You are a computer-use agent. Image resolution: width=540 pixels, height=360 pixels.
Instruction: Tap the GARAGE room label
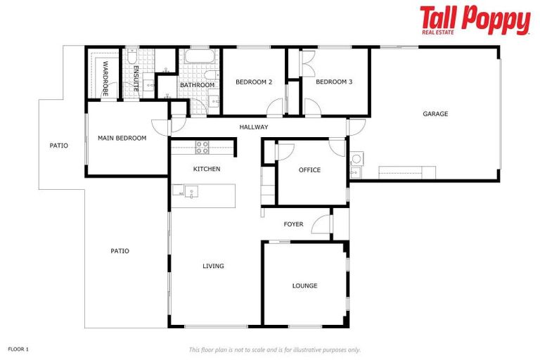point(435,114)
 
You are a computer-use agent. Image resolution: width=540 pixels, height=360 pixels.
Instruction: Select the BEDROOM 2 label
point(253,82)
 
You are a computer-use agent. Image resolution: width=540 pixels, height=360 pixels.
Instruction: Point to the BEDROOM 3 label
point(333,82)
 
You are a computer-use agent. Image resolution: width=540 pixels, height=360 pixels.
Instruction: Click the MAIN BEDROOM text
point(122,139)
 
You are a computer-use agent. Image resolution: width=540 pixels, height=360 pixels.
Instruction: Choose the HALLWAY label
point(253,127)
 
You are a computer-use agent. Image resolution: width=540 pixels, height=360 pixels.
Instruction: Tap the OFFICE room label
point(309,170)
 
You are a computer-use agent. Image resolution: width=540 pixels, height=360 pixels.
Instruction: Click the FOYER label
point(293,225)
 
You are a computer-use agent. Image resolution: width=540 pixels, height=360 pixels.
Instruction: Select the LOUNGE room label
point(304,286)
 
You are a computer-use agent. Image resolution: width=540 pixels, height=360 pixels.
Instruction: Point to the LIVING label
point(213,266)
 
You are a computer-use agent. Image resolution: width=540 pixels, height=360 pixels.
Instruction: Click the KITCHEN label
point(207,169)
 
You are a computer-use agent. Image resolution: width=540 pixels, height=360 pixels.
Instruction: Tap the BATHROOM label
point(197,86)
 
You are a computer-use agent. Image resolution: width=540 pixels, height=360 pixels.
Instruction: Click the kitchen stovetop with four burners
point(202,147)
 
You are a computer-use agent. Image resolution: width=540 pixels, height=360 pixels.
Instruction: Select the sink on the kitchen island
point(191,192)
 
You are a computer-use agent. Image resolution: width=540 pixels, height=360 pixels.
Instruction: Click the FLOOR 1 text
point(18,349)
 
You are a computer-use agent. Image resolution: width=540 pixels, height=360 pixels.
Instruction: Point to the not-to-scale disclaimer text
point(274,349)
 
